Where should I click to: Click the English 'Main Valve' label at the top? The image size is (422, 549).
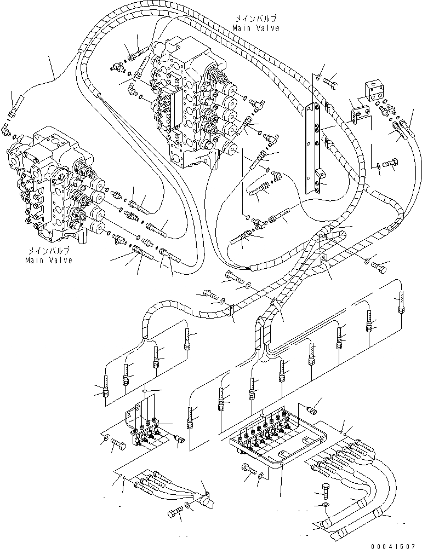(x=255, y=28)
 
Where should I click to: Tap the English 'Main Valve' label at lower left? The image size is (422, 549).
(x=48, y=260)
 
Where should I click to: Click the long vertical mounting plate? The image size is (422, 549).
(x=313, y=147)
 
